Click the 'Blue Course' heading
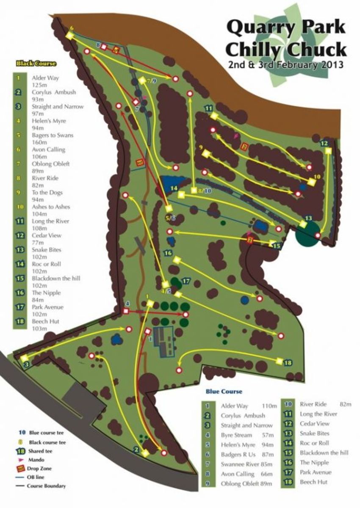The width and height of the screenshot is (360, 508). [224, 392]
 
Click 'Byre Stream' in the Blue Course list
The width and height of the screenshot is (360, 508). [236, 435]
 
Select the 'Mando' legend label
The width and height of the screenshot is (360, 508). [36, 459]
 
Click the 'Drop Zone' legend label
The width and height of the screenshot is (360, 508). [40, 469]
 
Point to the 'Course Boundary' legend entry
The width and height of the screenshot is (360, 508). [46, 486]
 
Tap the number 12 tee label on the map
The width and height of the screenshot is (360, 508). [324, 143]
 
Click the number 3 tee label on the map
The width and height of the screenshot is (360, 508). [26, 364]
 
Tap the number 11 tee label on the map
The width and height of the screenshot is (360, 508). [208, 108]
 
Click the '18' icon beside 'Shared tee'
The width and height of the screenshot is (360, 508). [19, 450]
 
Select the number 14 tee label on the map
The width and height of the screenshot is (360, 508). [173, 188]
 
